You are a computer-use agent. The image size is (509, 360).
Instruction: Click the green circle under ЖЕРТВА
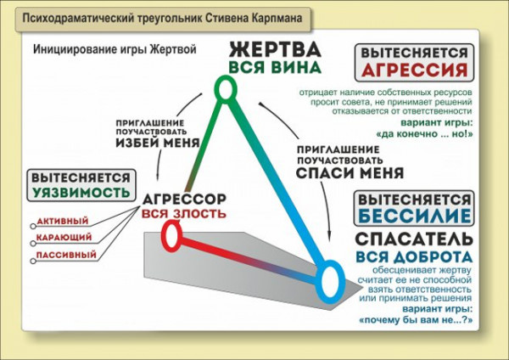[224, 88]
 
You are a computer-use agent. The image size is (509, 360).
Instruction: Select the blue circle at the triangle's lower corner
[331, 278]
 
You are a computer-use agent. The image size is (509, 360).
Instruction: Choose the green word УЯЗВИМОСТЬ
[82, 194]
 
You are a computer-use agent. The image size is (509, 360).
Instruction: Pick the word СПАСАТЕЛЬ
[414, 238]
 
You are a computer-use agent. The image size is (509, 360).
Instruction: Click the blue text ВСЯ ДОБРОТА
[414, 256]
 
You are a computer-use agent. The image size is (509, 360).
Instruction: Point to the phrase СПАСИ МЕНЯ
[337, 171]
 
